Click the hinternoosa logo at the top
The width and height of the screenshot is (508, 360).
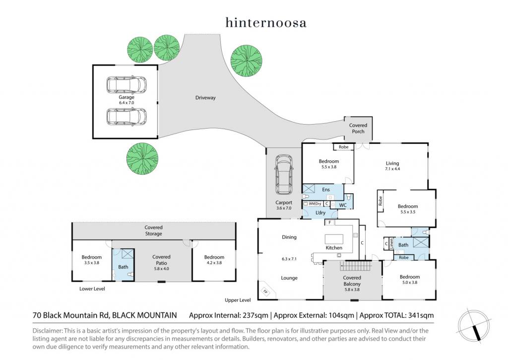click(265, 22)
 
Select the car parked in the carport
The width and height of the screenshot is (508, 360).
click(284, 176)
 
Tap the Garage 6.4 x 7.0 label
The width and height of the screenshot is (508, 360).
click(127, 100)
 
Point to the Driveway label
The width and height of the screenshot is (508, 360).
click(205, 98)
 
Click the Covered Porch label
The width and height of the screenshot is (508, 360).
click(358, 129)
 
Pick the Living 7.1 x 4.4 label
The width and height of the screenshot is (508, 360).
click(392, 166)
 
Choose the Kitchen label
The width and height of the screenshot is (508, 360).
click(334, 248)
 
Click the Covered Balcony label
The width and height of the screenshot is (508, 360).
click(352, 281)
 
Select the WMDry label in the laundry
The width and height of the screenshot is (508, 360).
click(315, 204)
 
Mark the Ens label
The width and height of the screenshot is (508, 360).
click(326, 190)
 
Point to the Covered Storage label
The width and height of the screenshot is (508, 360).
click(153, 230)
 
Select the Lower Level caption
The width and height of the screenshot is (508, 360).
click(92, 288)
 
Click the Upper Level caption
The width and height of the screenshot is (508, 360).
click(238, 300)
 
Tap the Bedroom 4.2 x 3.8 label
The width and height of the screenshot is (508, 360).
click(214, 260)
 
